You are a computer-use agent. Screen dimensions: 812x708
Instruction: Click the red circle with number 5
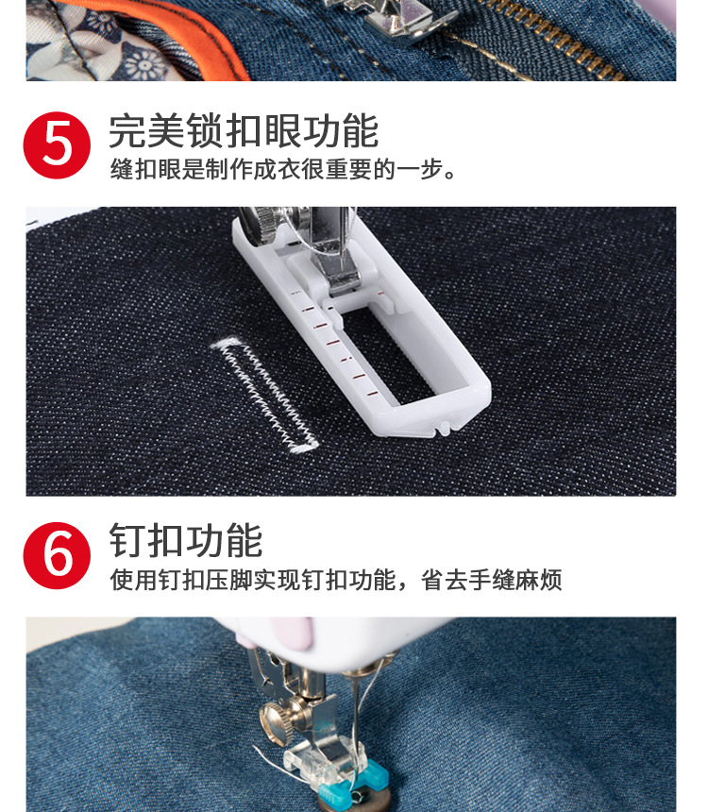tap(57, 145)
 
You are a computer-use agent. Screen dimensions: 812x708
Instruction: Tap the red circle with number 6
tap(57, 555)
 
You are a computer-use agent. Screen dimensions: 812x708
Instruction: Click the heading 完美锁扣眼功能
tap(243, 131)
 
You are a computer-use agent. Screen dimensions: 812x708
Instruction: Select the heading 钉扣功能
tap(185, 541)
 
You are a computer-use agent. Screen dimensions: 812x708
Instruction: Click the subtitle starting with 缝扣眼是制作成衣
tap(283, 171)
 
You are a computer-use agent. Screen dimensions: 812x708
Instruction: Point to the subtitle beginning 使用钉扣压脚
tap(335, 580)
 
